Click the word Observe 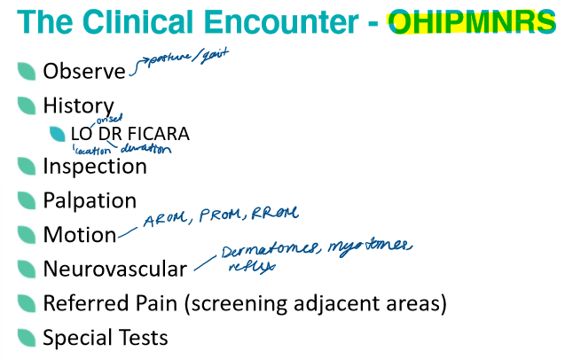[84, 70]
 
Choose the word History [78, 106]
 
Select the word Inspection [95, 166]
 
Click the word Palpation [90, 201]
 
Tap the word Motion [80, 235]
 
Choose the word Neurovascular [114, 270]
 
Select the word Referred [83, 303]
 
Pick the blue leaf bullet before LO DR [58, 135]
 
